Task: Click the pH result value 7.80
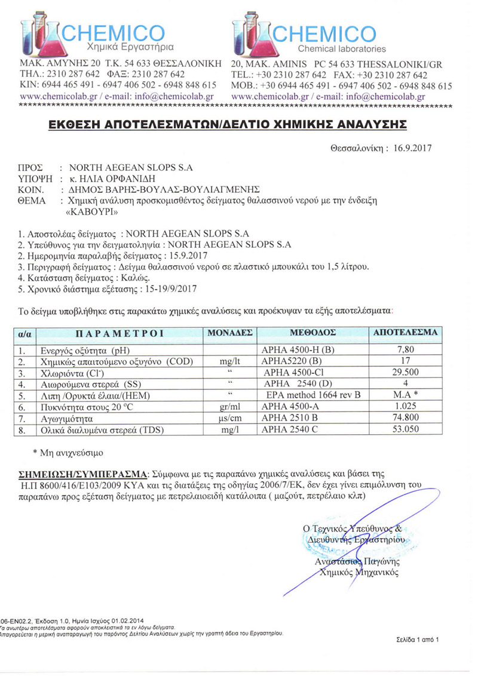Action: [406, 351]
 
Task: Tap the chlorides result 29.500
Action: [406, 373]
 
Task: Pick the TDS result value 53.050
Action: [406, 429]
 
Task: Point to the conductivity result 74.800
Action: [406, 418]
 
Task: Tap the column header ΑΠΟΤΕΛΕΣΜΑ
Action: [406, 333]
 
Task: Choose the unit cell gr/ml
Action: [230, 407]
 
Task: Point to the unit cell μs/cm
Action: [230, 418]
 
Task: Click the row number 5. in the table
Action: [24, 396]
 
